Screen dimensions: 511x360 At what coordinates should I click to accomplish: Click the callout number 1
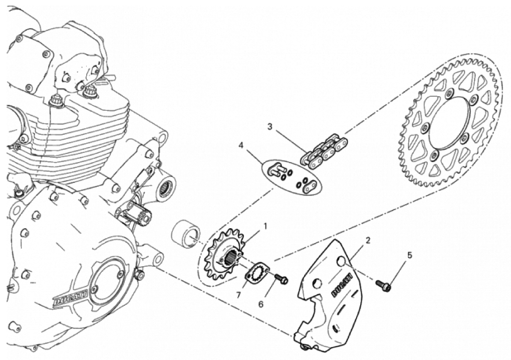(266, 226)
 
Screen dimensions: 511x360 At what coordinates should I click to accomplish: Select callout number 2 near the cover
(368, 241)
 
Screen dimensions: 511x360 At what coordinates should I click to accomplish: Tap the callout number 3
(270, 126)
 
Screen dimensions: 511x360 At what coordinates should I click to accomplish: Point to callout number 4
(241, 145)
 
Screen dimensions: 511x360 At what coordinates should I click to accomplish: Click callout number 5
(410, 255)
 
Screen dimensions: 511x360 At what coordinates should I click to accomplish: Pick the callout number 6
(261, 304)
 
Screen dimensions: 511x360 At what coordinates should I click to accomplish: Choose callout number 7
(238, 295)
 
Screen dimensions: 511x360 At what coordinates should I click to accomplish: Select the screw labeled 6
(281, 278)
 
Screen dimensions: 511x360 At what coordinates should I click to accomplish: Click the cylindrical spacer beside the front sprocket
(186, 235)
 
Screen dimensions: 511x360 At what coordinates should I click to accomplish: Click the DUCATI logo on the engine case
(70, 298)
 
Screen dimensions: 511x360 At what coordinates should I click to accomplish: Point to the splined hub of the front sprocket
(230, 255)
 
